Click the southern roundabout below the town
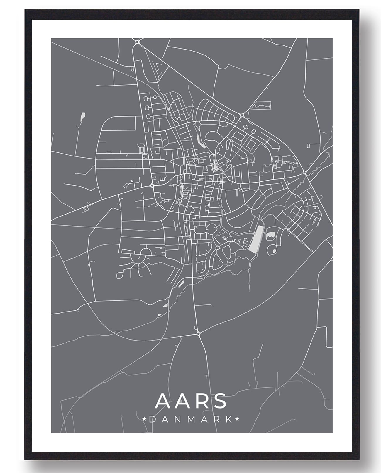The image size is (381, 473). (x=198, y=334)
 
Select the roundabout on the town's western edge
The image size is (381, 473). (x=152, y=185)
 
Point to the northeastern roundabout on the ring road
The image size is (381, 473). (x=242, y=115)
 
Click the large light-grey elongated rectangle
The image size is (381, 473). (x=256, y=239)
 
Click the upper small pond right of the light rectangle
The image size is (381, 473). (x=270, y=234)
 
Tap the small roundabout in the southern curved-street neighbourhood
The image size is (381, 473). (x=217, y=248)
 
